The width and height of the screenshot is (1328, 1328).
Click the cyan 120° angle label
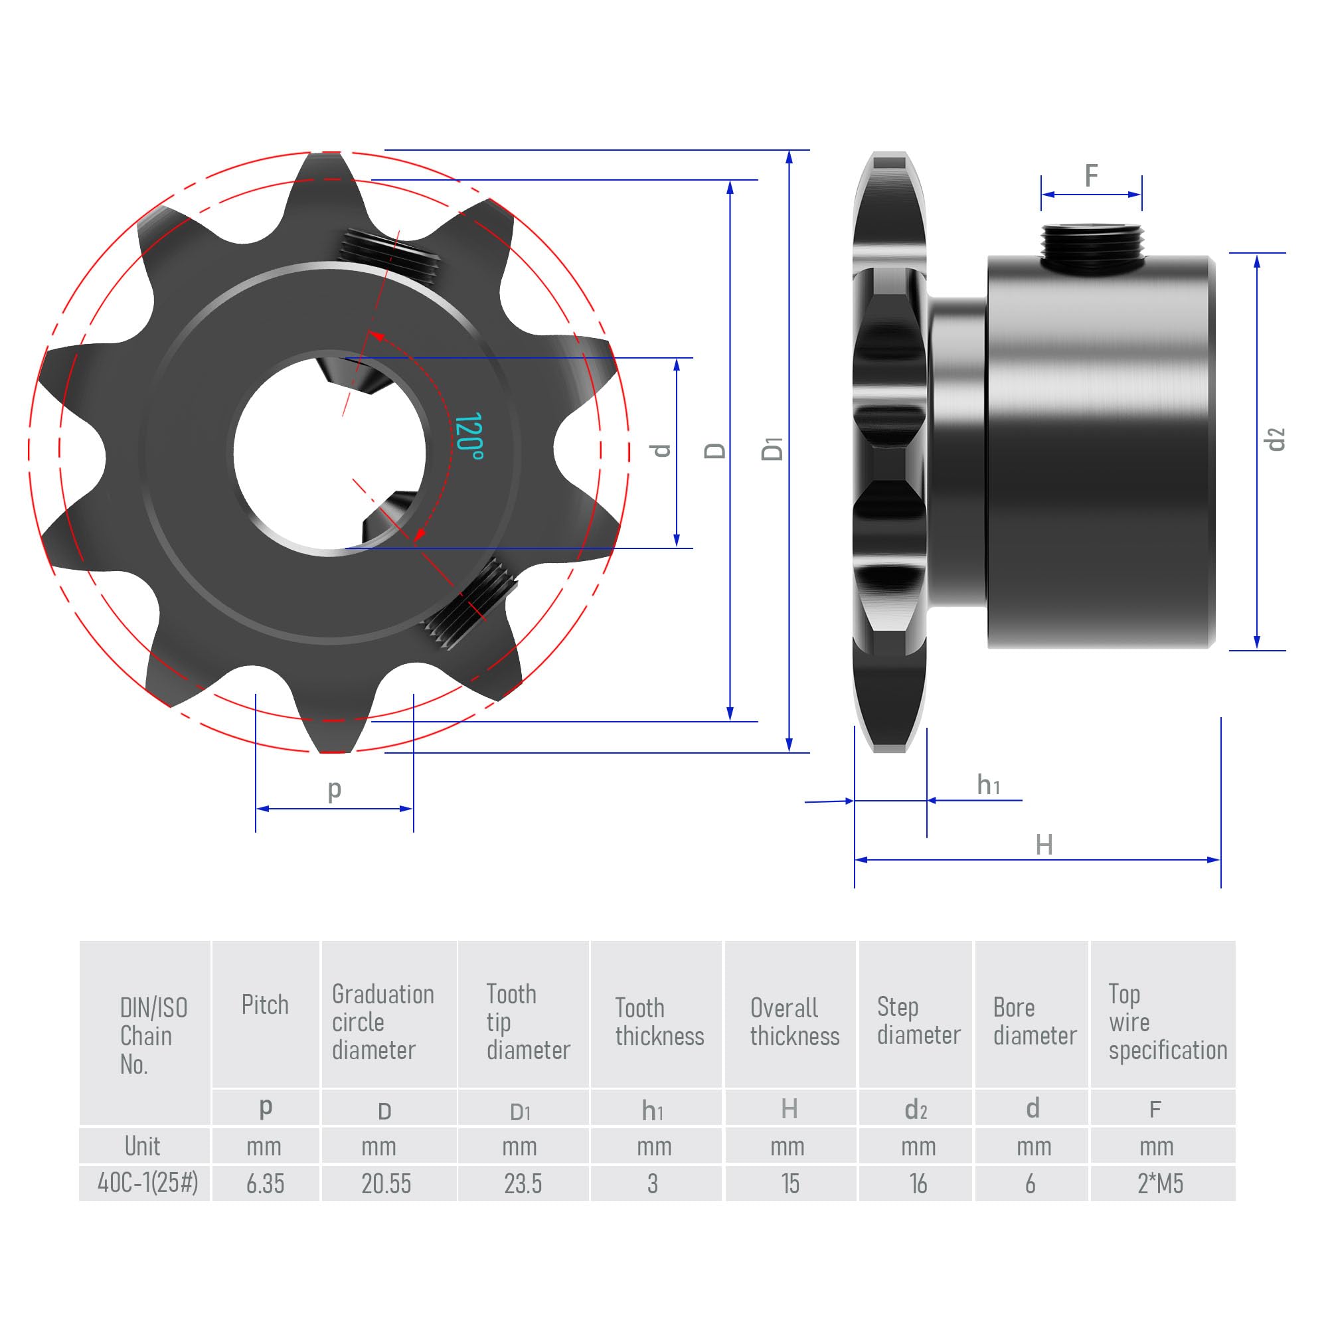[x=469, y=436]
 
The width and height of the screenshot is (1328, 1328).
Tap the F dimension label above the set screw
[x=1091, y=175]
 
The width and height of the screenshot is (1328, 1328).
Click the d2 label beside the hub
[x=1275, y=439]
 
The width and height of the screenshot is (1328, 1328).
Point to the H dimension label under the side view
[x=1043, y=845]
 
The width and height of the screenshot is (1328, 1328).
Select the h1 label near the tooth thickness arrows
[x=988, y=785]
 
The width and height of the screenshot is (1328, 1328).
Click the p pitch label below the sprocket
[x=334, y=789]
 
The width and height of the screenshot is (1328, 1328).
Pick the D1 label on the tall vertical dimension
[x=772, y=450]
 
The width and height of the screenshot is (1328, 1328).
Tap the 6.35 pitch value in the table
[x=265, y=1184]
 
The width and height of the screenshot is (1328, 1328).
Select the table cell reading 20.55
[x=386, y=1184]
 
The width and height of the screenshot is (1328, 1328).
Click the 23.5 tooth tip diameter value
[x=523, y=1184]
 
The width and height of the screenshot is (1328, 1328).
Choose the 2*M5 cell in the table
[x=1160, y=1184]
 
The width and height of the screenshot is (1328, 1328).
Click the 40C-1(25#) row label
[x=147, y=1183]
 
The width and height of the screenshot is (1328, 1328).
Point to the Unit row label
[x=142, y=1146]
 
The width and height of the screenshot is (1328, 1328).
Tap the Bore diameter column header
[x=1034, y=1021]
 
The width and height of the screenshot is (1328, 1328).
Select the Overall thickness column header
[x=794, y=1021]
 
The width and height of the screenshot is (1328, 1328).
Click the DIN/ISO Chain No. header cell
[x=153, y=1035]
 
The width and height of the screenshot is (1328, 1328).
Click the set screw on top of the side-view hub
[x=1092, y=248]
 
